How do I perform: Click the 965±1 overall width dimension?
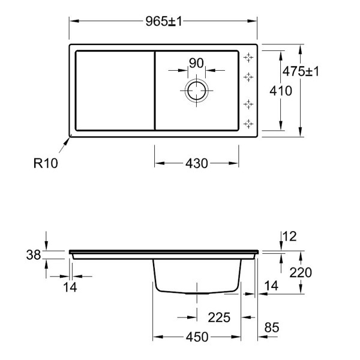pyautogui.click(x=164, y=22)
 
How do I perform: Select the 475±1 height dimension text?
pyautogui.click(x=301, y=71)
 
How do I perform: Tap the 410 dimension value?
pyautogui.click(x=281, y=91)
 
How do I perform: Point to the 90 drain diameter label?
pyautogui.click(x=196, y=63)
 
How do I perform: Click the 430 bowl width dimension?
pyautogui.click(x=197, y=163)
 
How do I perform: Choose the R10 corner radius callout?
pyautogui.click(x=46, y=163)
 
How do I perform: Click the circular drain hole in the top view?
pyautogui.click(x=197, y=91)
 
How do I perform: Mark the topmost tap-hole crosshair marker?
pyautogui.click(x=248, y=58)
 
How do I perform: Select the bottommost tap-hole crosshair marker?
pyautogui.click(x=248, y=124)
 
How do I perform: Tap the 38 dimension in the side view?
pyautogui.click(x=34, y=255)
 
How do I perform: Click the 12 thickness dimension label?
pyautogui.click(x=290, y=236)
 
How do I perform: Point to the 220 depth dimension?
pyautogui.click(x=301, y=272)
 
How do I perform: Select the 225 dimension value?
pyautogui.click(x=219, y=317)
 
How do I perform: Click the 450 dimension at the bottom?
pyautogui.click(x=197, y=337)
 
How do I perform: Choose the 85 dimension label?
pyautogui.click(x=272, y=328)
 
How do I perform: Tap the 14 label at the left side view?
pyautogui.click(x=70, y=287)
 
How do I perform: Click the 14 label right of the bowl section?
pyautogui.click(x=271, y=286)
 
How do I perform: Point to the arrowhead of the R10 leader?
pyautogui.click(x=69, y=137)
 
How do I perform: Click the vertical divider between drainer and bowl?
pyautogui.click(x=155, y=91)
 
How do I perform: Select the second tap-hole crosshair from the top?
pyautogui.click(x=248, y=77)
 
